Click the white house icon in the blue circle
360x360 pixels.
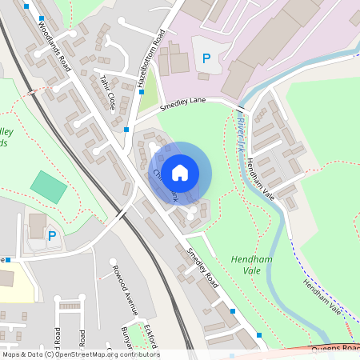coord(180,172)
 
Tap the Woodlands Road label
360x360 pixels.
coord(54,47)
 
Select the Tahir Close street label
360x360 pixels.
coord(107,92)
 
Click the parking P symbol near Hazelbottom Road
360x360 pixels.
coord(206,58)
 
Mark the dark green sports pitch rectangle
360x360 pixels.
coord(50,186)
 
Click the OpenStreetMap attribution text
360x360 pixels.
coord(80,354)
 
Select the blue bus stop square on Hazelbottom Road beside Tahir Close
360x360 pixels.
coord(126,128)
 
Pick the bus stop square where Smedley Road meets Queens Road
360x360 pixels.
coord(258,334)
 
